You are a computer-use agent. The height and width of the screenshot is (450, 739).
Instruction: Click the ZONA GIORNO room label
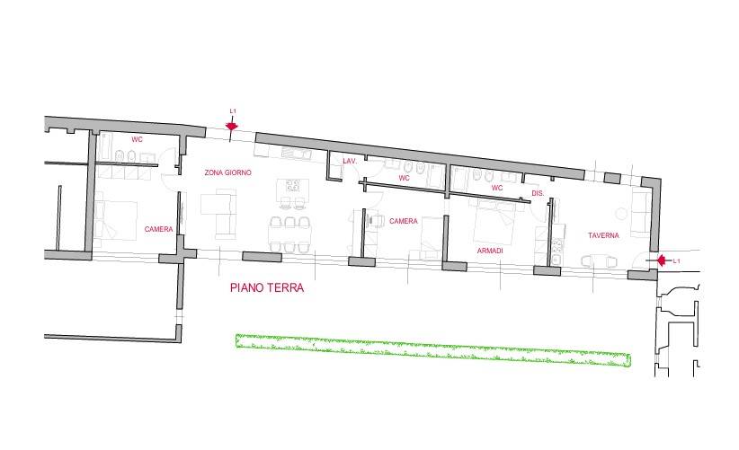(x=228, y=172)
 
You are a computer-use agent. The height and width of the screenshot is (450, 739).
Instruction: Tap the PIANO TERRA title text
(x=267, y=289)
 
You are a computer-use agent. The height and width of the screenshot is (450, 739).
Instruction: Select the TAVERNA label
(x=603, y=235)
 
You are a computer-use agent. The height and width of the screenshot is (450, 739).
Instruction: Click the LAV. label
(x=350, y=162)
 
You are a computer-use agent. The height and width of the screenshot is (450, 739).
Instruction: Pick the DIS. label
(x=538, y=193)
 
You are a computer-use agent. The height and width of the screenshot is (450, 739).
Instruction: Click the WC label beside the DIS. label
(x=496, y=188)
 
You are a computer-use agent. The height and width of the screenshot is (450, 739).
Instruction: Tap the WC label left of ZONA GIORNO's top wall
(x=138, y=140)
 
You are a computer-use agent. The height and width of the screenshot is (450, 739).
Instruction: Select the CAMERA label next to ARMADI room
(x=404, y=220)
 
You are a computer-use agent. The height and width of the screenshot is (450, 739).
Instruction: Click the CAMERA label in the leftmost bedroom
(x=158, y=230)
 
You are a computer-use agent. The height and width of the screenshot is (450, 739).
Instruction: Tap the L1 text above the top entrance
(x=233, y=111)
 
